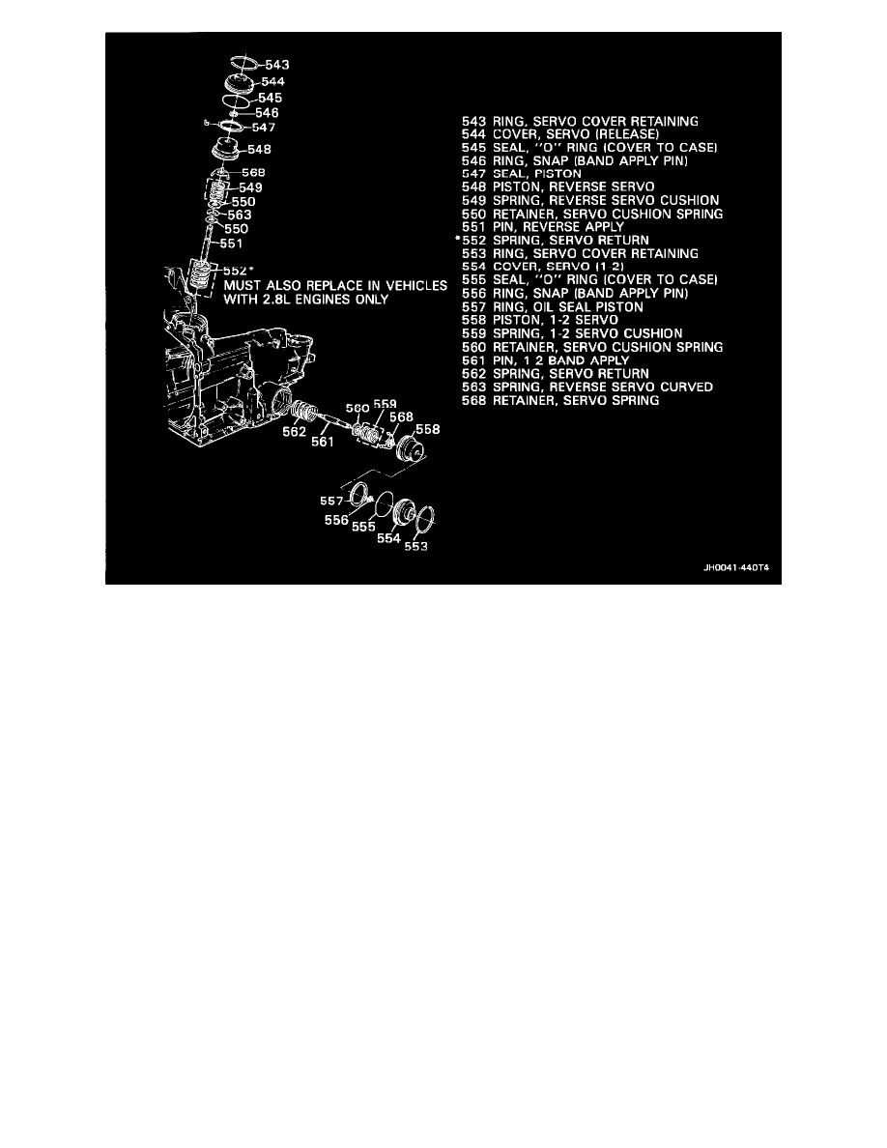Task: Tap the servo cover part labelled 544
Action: pos(235,80)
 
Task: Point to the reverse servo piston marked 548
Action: pos(230,152)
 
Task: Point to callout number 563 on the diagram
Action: pos(241,215)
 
